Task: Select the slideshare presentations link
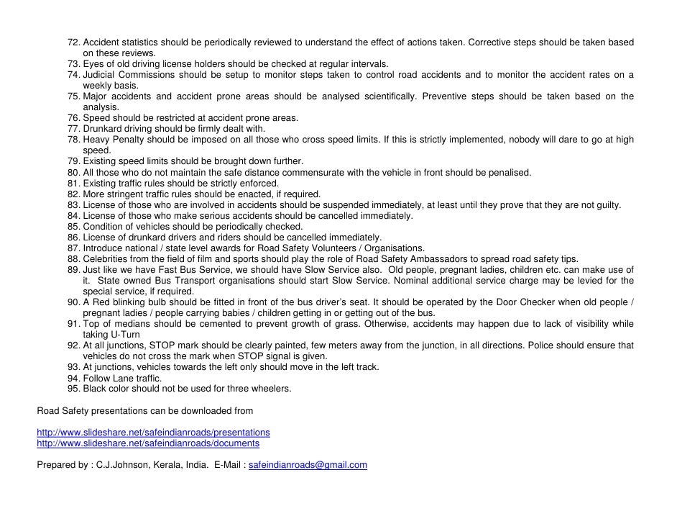click(x=153, y=433)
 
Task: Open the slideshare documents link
click(x=148, y=443)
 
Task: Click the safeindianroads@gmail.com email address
click(x=308, y=465)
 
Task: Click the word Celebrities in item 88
click(x=106, y=259)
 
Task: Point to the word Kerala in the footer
click(x=167, y=465)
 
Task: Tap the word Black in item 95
click(x=95, y=389)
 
